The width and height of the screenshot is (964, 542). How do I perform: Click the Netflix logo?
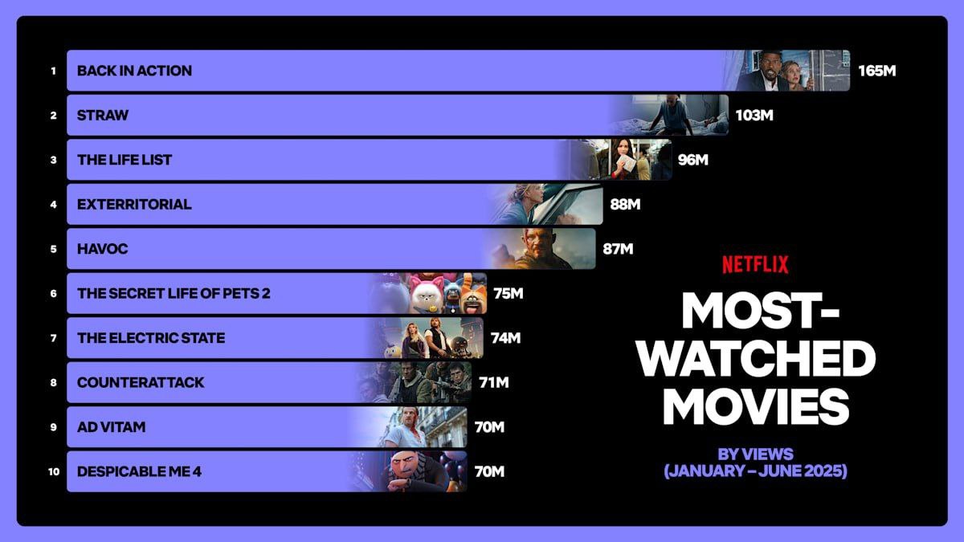754,264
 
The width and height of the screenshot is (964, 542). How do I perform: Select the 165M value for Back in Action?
876,71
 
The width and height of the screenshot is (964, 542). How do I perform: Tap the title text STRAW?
103,115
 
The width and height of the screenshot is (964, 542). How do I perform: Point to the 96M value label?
692,160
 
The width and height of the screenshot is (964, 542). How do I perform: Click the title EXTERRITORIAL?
134,204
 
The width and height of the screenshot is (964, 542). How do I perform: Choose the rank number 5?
54,249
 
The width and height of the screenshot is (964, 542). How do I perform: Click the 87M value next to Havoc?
618,249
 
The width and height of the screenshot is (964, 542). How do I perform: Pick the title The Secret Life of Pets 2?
174,293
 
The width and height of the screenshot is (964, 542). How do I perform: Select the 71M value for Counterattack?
493,382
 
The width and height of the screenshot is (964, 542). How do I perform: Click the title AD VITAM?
111,427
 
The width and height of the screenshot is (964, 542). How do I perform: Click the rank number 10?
54,471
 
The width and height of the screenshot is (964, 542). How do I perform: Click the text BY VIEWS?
755,454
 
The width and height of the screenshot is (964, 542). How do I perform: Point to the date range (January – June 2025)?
755,471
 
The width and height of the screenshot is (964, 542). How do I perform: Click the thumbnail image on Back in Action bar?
791,71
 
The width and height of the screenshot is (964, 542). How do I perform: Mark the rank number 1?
54,71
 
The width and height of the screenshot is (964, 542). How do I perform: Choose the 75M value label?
509,293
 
